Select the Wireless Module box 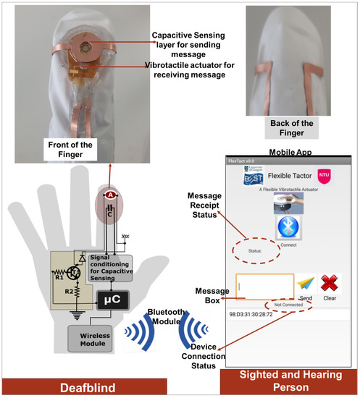tap(93, 339)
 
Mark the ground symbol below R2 tap(71, 315)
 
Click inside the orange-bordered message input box tap(264, 287)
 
